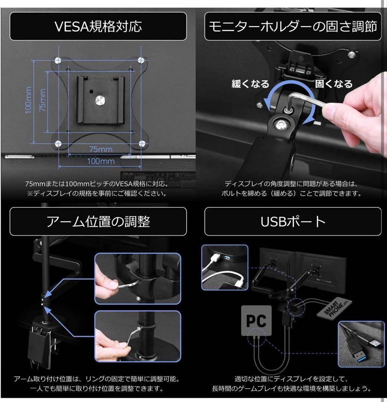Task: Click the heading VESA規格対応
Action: point(98,26)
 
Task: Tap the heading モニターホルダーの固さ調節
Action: point(293,26)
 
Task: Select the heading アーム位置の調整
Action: point(98,222)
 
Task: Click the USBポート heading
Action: point(293,222)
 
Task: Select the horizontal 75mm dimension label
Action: point(100,149)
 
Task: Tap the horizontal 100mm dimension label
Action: point(100,161)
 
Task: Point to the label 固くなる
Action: point(333,83)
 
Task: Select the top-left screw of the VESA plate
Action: point(58,60)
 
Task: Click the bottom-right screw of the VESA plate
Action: point(141,143)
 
